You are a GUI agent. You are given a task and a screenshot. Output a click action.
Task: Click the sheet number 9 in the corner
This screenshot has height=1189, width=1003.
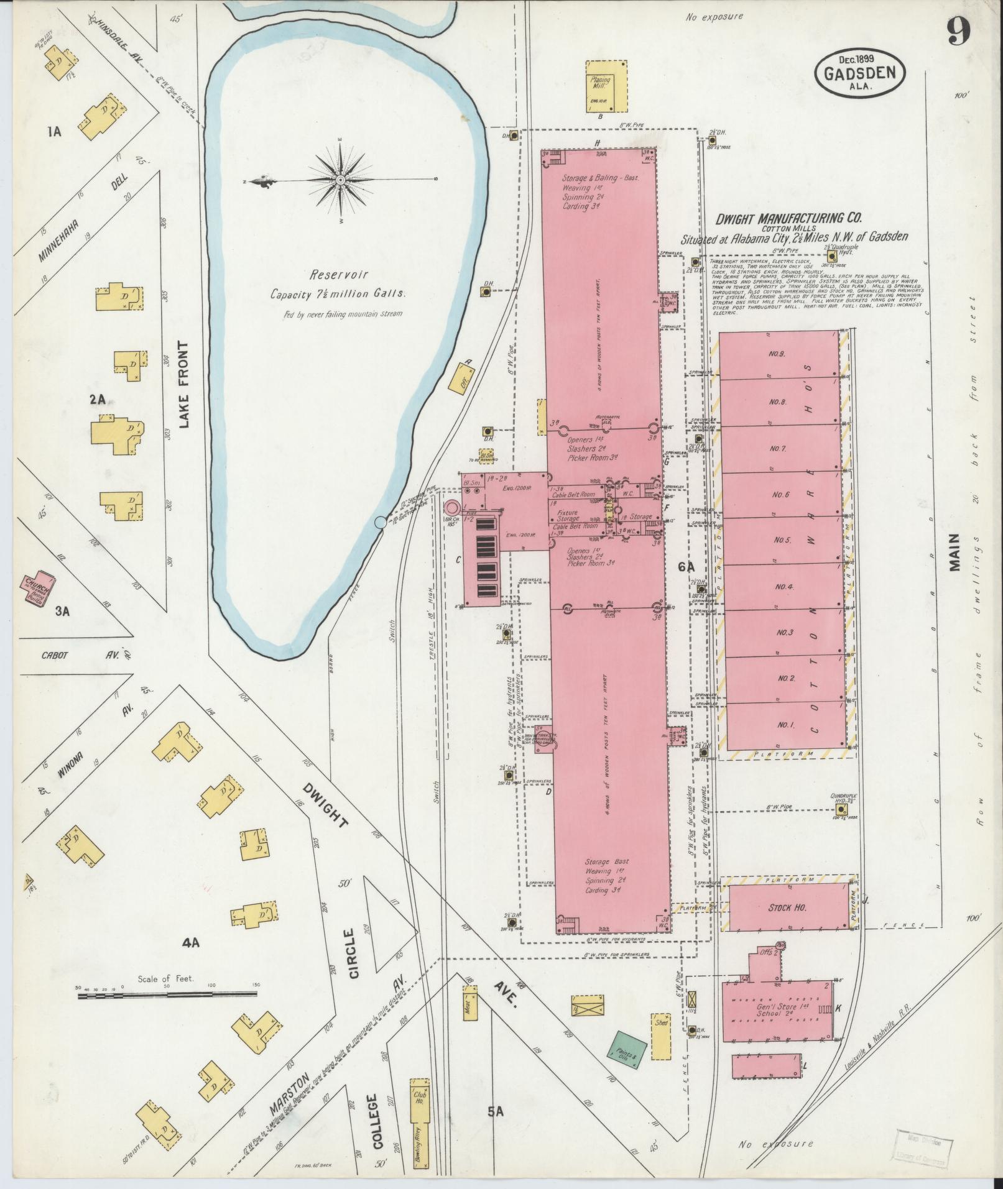(959, 31)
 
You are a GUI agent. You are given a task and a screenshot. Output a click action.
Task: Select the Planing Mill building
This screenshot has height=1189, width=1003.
(606, 86)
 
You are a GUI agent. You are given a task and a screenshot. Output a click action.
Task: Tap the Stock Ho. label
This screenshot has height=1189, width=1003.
(788, 908)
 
